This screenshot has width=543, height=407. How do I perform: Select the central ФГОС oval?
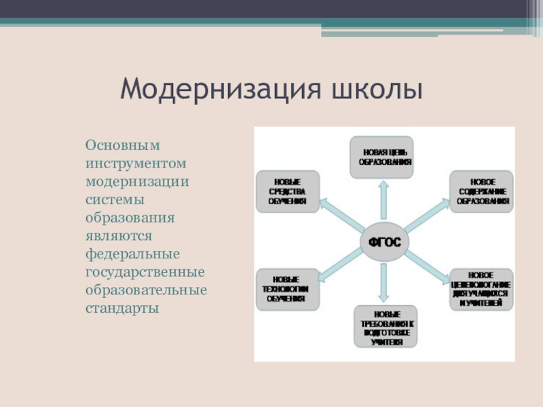[384, 242]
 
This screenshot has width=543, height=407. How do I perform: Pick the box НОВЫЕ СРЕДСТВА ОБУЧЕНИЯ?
[288, 191]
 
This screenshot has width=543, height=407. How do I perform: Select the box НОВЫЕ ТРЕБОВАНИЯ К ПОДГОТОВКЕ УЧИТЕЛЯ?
[386, 328]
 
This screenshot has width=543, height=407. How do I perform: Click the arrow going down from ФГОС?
[384, 281]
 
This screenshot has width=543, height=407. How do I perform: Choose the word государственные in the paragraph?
[145, 272]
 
